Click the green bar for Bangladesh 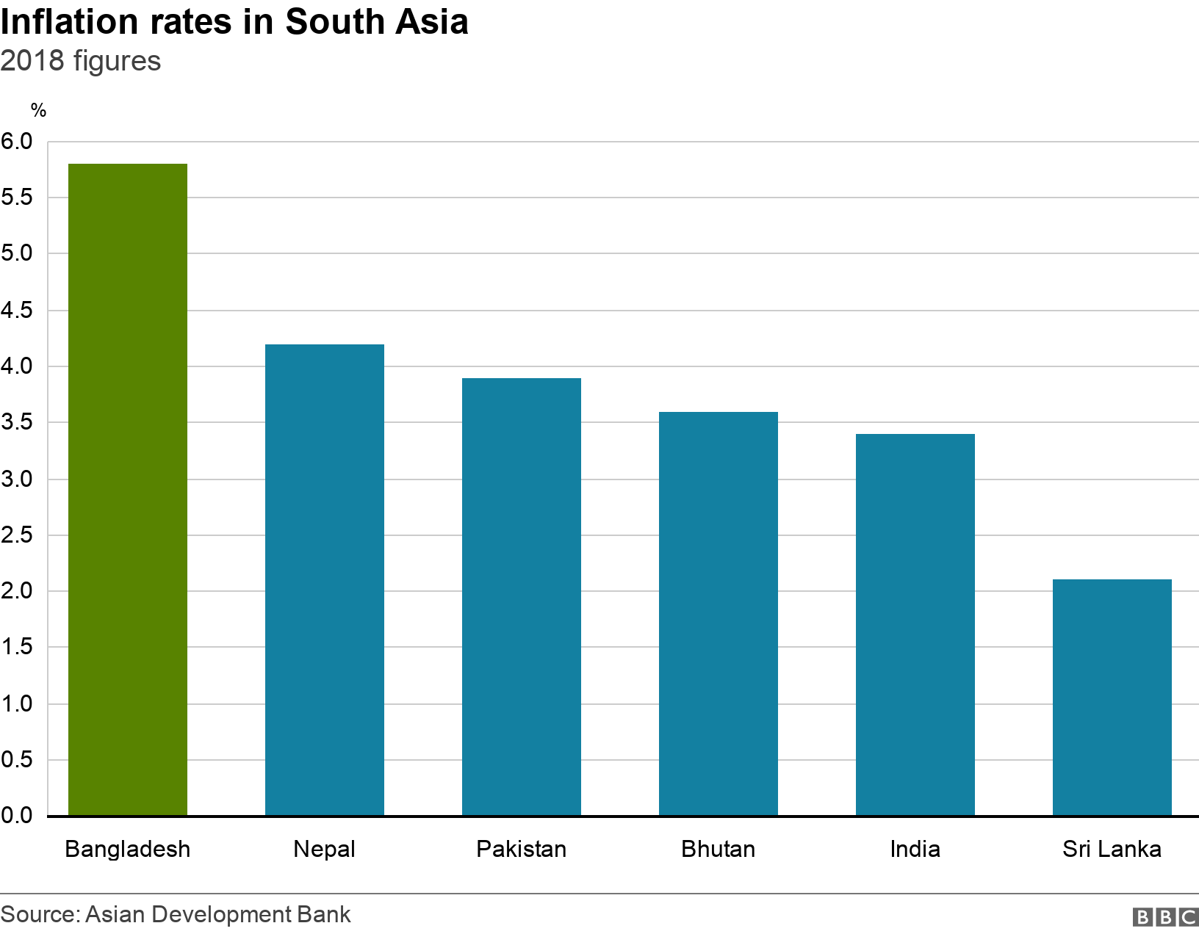point(128,489)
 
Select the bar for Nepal point(325,579)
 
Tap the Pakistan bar point(522,596)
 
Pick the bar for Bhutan point(719,613)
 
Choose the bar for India point(915,624)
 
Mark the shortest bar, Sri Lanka point(1112,697)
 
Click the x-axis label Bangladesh point(128,849)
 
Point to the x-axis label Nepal point(325,849)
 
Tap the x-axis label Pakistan point(522,849)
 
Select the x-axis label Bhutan point(719,849)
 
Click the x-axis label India point(915,849)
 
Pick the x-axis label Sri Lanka point(1112,849)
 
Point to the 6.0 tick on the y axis point(17,141)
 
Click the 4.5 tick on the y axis point(17,310)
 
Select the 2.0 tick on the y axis point(17,591)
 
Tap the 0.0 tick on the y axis point(17,815)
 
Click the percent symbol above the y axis point(38,111)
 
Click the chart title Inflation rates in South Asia point(234,22)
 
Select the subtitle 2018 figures point(81,61)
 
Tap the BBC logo point(1165,916)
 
